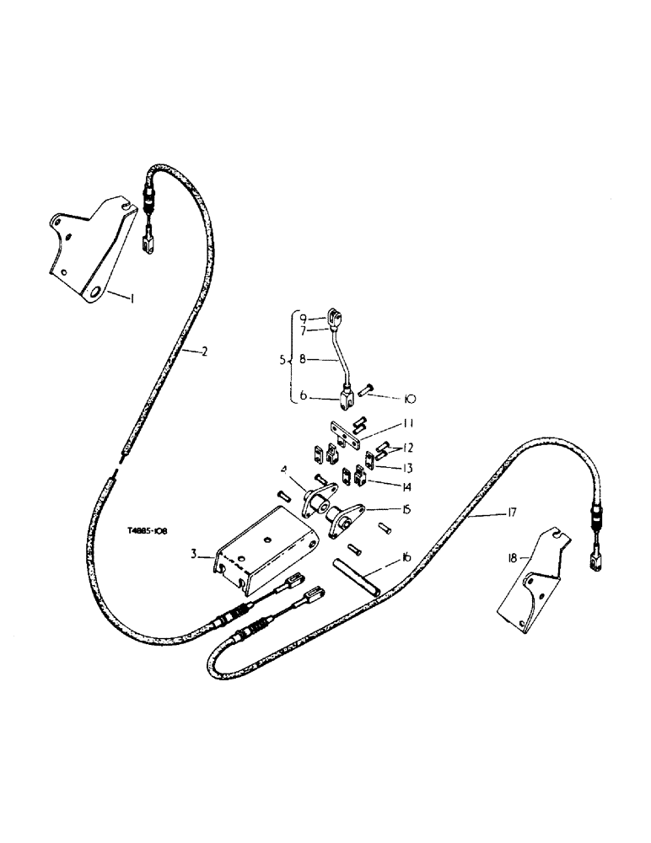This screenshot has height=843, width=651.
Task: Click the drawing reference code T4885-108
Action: click(x=148, y=532)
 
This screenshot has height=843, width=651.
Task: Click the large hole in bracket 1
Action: click(x=95, y=291)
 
